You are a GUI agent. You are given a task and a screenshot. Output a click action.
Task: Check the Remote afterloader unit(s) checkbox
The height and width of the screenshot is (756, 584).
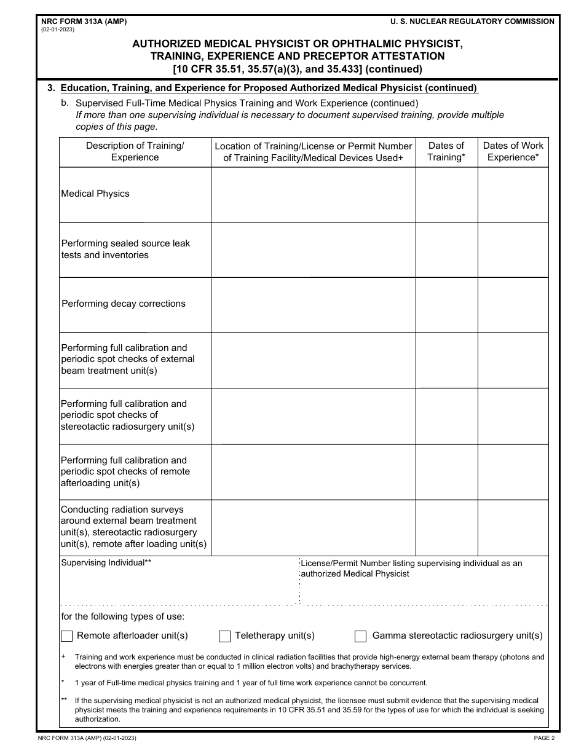click(x=67, y=636)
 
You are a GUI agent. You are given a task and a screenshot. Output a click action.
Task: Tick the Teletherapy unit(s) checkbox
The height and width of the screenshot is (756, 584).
click(x=225, y=636)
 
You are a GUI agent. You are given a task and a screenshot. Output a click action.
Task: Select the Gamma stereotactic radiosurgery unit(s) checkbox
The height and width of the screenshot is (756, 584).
click(x=361, y=636)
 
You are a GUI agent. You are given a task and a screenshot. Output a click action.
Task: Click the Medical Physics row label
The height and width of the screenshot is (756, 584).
click(x=95, y=194)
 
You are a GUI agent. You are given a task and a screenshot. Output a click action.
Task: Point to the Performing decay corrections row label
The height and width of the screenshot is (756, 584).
click(x=124, y=304)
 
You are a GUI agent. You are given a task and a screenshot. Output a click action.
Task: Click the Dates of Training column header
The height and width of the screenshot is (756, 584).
click(x=446, y=151)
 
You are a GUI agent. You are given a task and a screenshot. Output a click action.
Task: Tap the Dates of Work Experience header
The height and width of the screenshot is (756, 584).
click(x=513, y=151)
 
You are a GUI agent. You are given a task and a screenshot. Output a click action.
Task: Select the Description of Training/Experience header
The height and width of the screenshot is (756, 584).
click(x=135, y=151)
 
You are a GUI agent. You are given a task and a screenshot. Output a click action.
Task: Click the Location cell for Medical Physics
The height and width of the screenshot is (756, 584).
click(x=314, y=195)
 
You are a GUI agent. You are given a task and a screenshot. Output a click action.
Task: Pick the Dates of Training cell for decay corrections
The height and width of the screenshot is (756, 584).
click(x=446, y=305)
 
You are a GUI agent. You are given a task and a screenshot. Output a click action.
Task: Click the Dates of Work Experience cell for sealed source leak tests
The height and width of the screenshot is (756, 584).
click(x=513, y=250)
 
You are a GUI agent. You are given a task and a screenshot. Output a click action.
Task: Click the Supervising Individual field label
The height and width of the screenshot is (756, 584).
click(x=106, y=562)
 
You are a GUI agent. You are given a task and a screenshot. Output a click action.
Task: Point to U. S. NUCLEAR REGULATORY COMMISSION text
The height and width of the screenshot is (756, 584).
click(x=472, y=22)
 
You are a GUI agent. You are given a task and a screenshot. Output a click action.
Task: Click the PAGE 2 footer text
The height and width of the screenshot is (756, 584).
click(x=544, y=738)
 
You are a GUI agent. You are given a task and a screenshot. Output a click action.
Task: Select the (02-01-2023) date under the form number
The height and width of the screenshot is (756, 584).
click(x=58, y=30)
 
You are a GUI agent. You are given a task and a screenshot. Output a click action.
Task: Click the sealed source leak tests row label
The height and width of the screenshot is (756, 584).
click(x=125, y=249)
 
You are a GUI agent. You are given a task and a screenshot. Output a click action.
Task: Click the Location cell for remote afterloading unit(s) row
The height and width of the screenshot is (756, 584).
click(x=314, y=472)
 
